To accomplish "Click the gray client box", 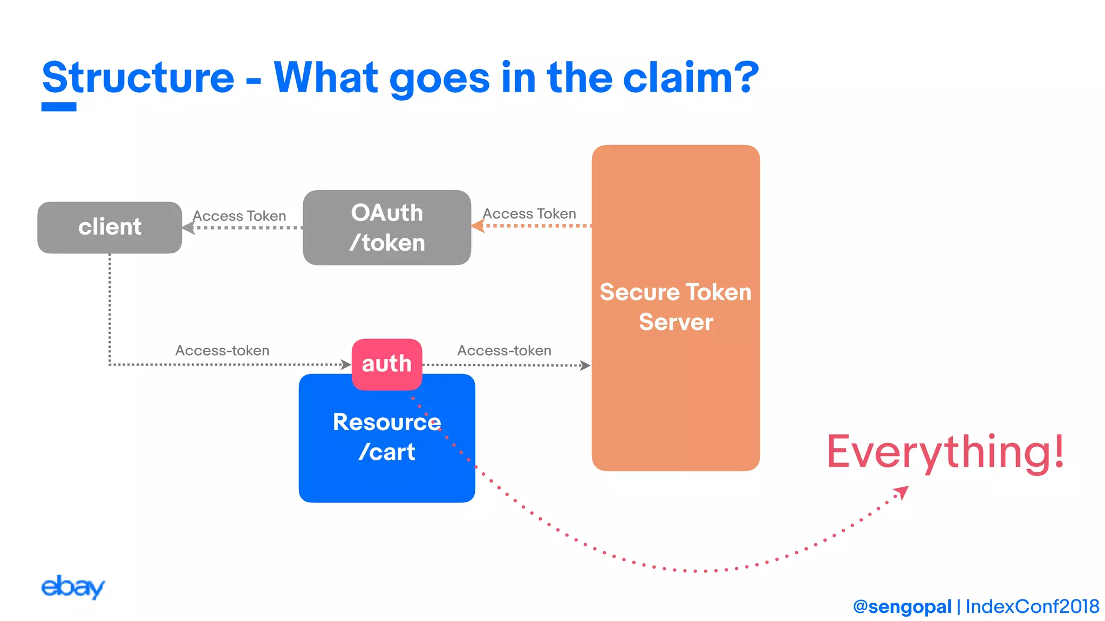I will tap(110, 227).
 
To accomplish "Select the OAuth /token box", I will tap(387, 227).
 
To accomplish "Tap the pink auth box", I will tap(387, 364).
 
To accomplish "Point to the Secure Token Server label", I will tap(676, 307).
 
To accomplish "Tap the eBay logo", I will tap(73, 586).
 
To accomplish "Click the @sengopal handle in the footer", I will tap(902, 606).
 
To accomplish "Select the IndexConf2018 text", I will tap(1032, 606).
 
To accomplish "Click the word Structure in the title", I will tap(138, 78).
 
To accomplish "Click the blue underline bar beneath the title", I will tap(59, 107).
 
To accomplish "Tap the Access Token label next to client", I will tap(240, 216).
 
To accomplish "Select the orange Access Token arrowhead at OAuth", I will tap(478, 226).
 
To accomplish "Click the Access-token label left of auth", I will tap(222, 350).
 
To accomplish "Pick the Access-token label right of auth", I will tap(504, 350).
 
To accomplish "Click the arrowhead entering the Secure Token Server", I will tap(585, 365).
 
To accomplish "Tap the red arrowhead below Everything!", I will tap(902, 492).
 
